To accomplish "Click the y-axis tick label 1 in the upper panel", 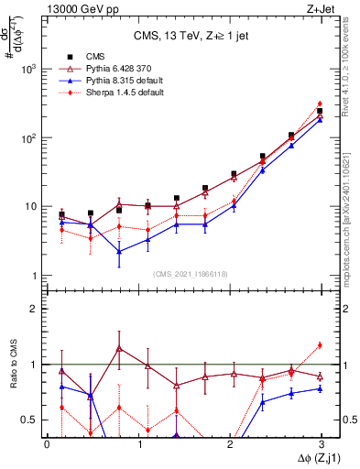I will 33,276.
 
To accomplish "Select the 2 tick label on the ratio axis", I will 33,309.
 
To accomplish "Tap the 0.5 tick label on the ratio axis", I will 28,420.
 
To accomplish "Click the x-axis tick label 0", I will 47,443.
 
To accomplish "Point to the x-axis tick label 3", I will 322,443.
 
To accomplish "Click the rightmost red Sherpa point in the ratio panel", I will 320,345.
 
